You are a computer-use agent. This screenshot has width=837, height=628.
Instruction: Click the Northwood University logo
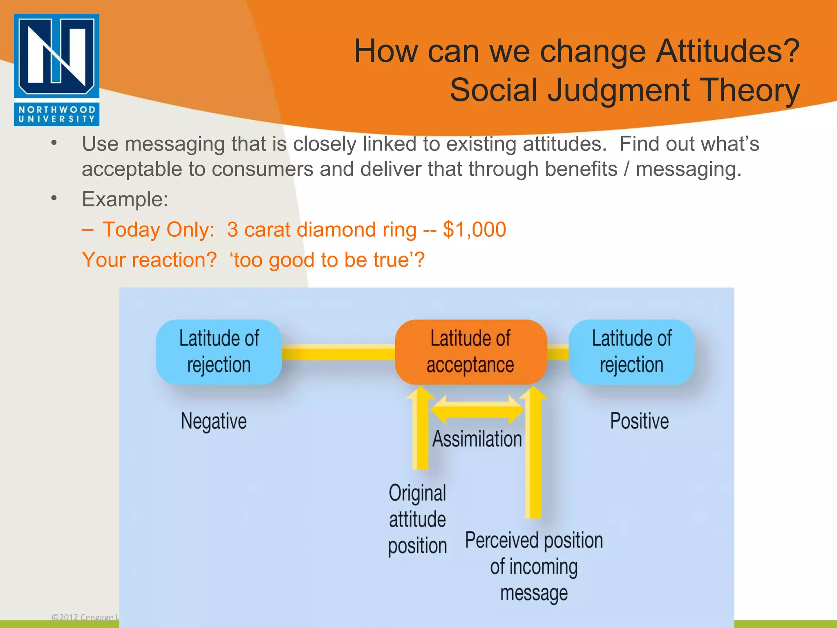(56, 70)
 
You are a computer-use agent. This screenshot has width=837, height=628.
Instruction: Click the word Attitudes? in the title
(727, 51)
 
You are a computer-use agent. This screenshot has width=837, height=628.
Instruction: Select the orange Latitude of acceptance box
(470, 352)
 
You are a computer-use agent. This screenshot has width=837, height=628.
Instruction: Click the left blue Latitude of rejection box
(219, 352)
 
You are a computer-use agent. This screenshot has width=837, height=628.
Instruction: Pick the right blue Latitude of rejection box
(631, 352)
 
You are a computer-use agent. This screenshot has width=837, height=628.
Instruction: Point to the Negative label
(214, 421)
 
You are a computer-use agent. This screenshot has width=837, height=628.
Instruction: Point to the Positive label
(639, 421)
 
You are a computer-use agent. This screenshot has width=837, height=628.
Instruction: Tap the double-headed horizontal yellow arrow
(477, 409)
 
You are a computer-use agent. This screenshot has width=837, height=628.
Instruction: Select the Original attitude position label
(417, 519)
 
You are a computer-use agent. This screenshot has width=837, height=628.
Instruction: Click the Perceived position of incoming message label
(534, 567)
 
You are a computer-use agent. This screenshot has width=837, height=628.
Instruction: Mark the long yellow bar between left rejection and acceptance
(338, 352)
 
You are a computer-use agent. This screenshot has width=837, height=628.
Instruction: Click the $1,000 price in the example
(474, 230)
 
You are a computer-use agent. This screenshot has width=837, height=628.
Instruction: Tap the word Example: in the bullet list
(125, 200)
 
